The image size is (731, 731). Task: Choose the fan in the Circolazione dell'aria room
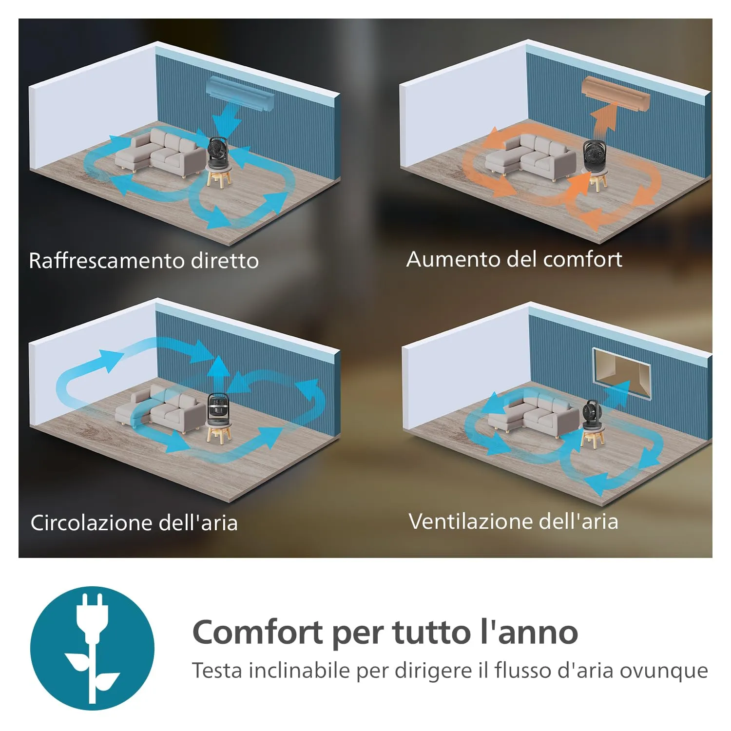click(219, 407)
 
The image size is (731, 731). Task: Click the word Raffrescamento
click(107, 260)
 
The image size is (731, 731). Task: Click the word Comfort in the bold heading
click(258, 632)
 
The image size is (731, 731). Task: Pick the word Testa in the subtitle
click(217, 671)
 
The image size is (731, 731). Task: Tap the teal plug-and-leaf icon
click(92, 648)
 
